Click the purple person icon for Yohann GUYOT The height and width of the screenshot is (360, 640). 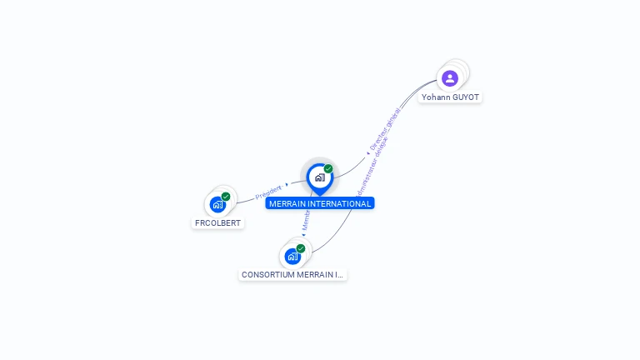tap(450, 78)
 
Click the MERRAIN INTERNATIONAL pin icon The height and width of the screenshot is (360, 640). tap(319, 177)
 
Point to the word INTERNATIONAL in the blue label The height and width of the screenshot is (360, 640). tap(341, 203)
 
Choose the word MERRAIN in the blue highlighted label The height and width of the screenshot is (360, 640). tap(288, 203)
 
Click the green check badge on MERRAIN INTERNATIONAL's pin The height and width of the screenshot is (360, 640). tap(328, 168)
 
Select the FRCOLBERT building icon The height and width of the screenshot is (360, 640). tap(217, 204)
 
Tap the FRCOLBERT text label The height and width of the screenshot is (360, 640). tap(217, 223)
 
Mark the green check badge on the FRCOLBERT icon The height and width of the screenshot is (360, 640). tap(226, 197)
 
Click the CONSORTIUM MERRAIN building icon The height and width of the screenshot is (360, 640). tap(292, 256)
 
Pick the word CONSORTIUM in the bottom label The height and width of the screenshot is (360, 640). tap(268, 275)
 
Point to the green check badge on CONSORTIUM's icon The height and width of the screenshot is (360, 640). tap(301, 248)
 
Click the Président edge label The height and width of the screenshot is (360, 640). tap(267, 192)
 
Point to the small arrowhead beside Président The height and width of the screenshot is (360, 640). tap(287, 184)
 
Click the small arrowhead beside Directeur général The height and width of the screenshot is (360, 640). tap(368, 153)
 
